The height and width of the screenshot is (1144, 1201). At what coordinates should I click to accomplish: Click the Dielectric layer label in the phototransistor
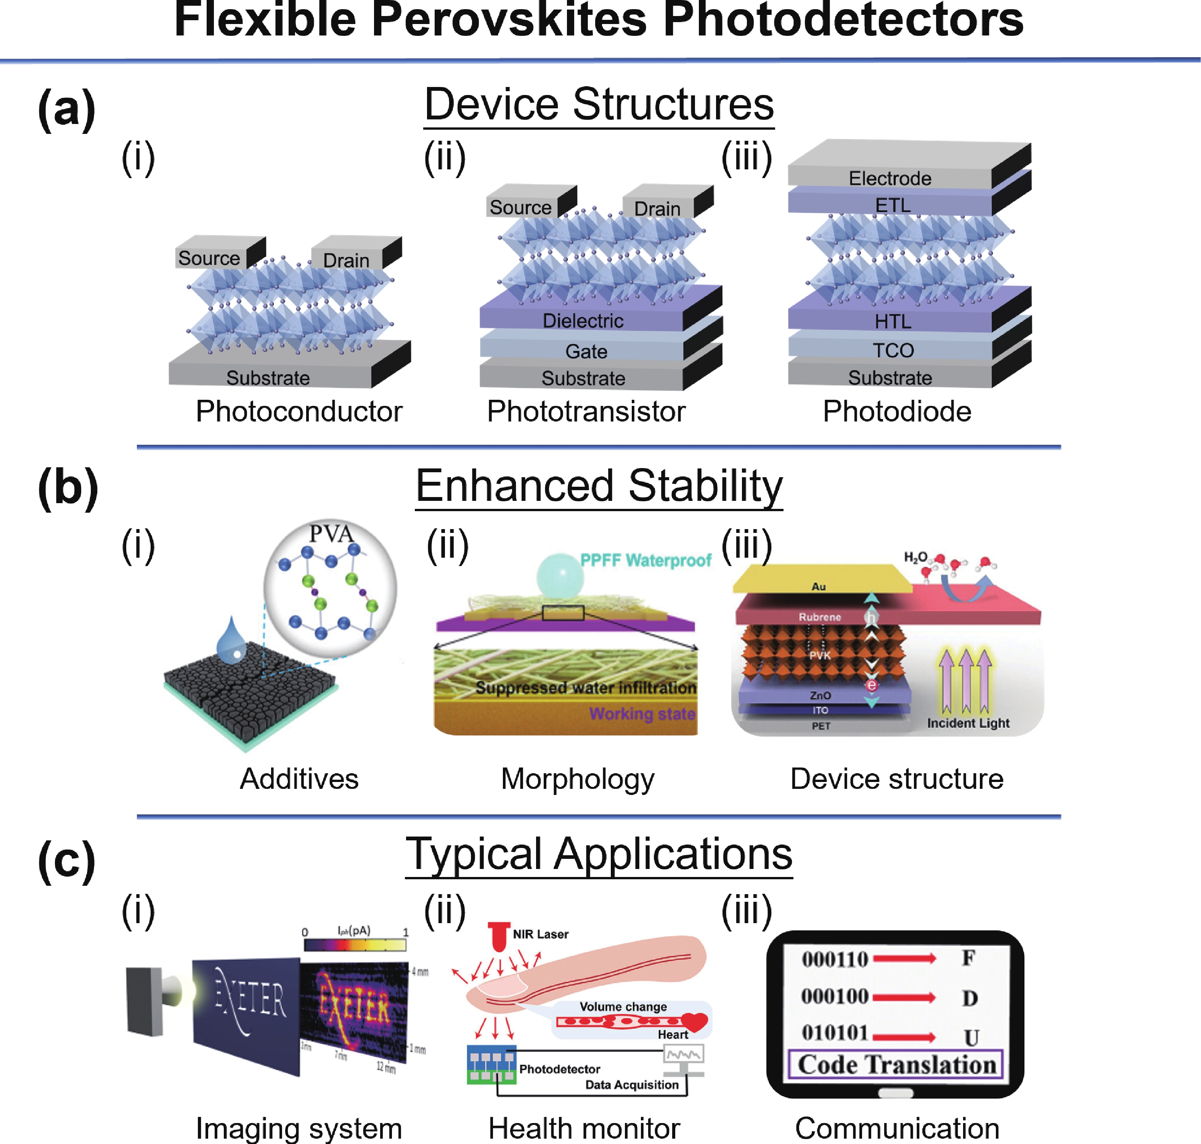[583, 321]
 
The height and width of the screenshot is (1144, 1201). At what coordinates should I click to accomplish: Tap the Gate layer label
[586, 351]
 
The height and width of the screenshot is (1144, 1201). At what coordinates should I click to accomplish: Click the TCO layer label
[893, 351]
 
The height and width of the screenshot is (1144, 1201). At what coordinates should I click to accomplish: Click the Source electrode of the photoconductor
[209, 258]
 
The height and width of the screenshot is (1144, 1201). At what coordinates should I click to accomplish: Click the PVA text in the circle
[331, 534]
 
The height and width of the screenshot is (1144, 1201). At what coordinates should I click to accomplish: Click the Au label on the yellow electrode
[818, 587]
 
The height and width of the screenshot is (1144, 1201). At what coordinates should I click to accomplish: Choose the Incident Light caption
[968, 723]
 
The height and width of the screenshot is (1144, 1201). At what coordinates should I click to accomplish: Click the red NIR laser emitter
[499, 936]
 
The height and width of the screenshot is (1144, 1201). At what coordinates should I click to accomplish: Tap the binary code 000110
[835, 959]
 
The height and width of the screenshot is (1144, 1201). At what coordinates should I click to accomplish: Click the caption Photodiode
[896, 412]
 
